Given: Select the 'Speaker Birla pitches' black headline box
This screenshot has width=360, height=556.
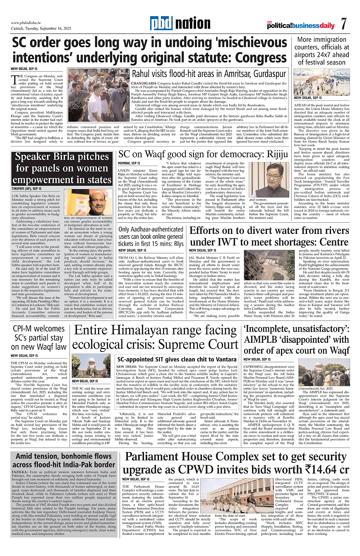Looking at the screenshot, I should pyautogui.click(x=62, y=168).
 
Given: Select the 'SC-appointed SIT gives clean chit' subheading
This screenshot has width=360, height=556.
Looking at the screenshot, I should pyautogui.click(x=177, y=359).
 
